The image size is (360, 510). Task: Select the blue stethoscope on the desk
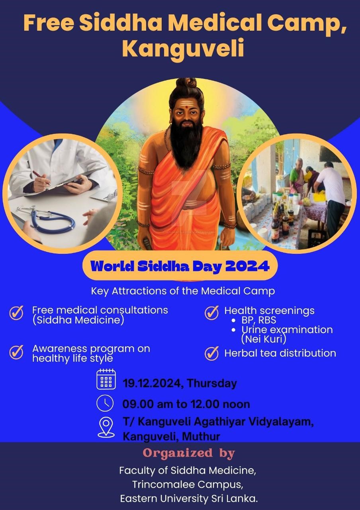[x=48, y=219]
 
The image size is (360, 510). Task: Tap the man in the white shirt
[x=330, y=195]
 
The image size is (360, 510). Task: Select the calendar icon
[x=106, y=379]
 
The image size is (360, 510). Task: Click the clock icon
[x=105, y=403]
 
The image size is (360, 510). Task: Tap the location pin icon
[x=106, y=428]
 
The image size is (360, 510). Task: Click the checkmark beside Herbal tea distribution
[x=211, y=353]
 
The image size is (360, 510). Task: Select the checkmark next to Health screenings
[x=211, y=313]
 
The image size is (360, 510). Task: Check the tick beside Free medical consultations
[x=16, y=312]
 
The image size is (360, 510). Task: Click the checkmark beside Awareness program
[x=16, y=352]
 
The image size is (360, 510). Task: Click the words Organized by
[x=189, y=453]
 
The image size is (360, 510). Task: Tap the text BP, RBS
[x=259, y=320]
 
